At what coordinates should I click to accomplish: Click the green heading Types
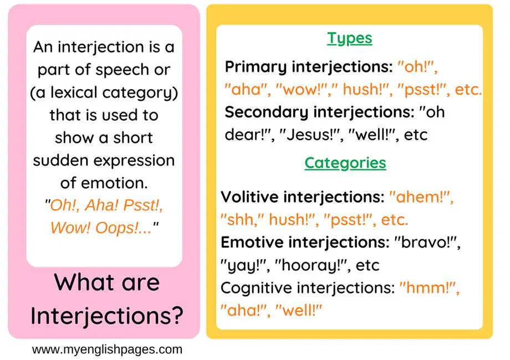point(349,38)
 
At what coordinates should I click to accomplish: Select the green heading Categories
point(345,163)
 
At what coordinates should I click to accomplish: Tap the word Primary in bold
point(256,68)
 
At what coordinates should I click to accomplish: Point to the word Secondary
point(266,112)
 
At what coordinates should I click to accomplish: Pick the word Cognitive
point(256,288)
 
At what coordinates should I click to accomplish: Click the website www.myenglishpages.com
point(106,349)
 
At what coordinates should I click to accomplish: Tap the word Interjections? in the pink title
point(106,315)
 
